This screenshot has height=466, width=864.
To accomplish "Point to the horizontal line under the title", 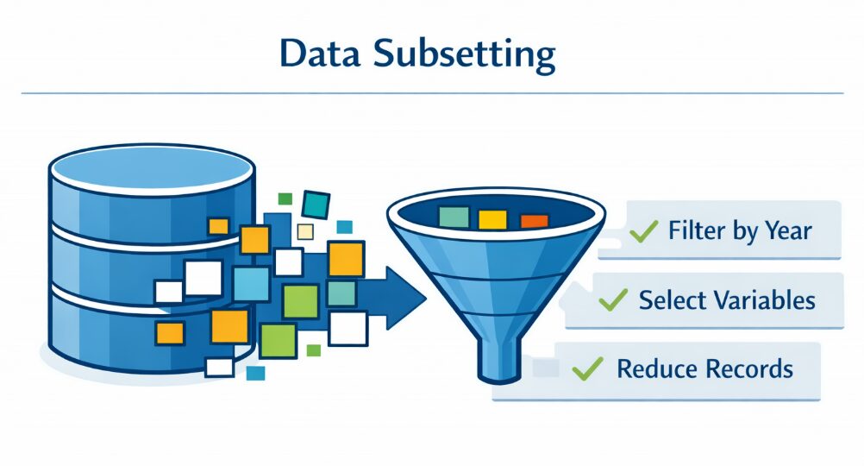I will point(431,92).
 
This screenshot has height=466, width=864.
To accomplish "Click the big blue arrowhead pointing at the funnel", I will point(405,298).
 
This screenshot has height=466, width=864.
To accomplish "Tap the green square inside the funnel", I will point(454,217).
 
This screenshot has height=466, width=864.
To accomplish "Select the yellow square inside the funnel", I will point(492,219).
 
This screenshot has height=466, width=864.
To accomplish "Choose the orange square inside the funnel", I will point(534,221).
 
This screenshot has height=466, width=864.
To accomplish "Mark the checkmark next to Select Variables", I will point(613,300).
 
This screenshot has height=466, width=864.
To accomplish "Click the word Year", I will point(784,231).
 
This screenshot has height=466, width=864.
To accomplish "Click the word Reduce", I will point(649,369).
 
